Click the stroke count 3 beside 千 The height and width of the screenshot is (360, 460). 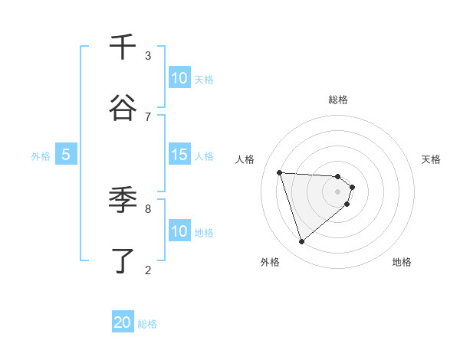tap(148, 55)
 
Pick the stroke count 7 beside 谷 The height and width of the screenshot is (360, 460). tap(148, 116)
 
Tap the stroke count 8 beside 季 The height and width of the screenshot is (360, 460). tap(148, 208)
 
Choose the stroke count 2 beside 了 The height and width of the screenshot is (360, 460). tap(148, 269)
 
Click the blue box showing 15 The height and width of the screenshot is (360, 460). tap(179, 155)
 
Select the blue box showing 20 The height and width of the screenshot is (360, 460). tap(123, 322)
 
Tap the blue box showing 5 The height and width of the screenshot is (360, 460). tap(66, 155)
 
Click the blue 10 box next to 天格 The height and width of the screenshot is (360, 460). tap(179, 78)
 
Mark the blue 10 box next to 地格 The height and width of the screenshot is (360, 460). tap(179, 231)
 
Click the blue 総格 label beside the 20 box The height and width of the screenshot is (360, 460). tap(147, 324)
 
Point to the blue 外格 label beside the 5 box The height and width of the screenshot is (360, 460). tap(41, 156)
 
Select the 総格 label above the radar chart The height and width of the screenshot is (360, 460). tap(338, 100)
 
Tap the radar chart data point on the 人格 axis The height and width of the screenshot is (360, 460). tap(280, 172)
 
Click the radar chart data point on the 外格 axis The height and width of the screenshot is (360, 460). tap(301, 242)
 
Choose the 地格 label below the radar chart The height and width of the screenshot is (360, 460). tap(402, 263)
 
